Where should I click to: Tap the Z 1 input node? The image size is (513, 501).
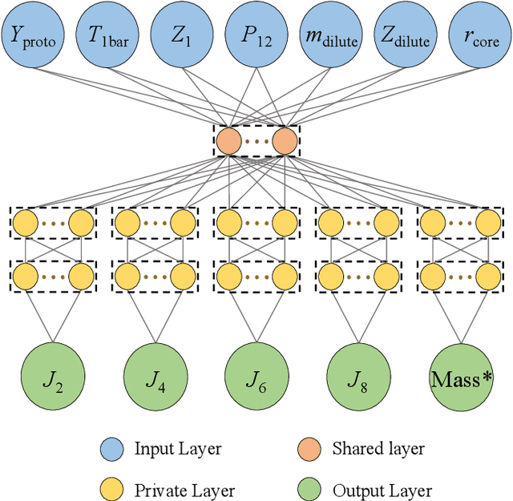pyautogui.click(x=183, y=35)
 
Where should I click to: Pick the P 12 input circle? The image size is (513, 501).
pyautogui.click(x=256, y=35)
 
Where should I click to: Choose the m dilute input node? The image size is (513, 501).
pyautogui.click(x=331, y=35)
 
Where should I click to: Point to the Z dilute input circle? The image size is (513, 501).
pyautogui.click(x=405, y=35)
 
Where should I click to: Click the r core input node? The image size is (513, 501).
pyautogui.click(x=479, y=35)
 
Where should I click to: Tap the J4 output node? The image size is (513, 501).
pyautogui.click(x=155, y=378)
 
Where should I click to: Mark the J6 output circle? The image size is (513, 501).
pyautogui.click(x=256, y=378)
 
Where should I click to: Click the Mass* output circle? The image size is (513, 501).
pyautogui.click(x=461, y=378)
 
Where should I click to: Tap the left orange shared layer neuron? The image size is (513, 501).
pyautogui.click(x=228, y=142)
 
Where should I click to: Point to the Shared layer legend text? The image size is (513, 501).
pyautogui.click(x=378, y=449)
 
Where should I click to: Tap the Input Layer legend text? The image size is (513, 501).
pyautogui.click(x=177, y=449)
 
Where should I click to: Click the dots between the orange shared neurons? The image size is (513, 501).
pyautogui.click(x=256, y=142)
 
